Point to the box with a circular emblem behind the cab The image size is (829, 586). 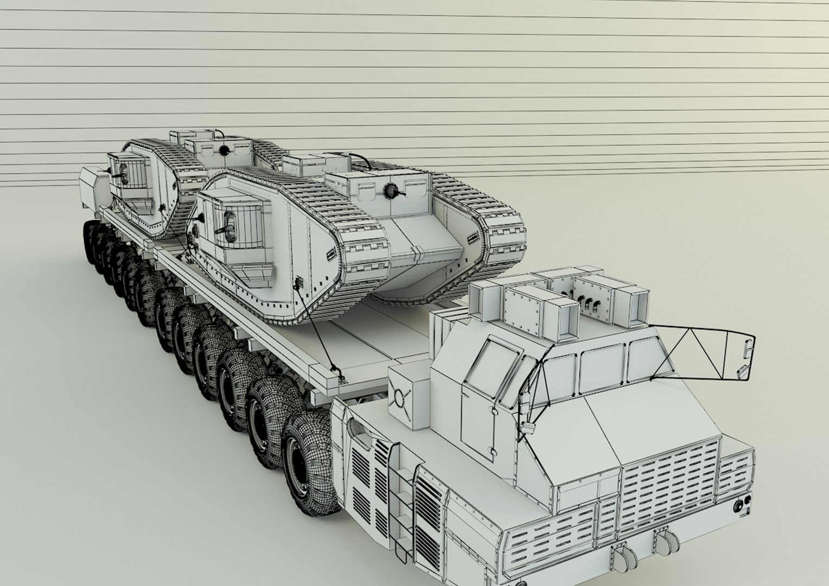pos(406,397)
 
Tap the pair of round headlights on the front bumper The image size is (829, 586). pos(742,505)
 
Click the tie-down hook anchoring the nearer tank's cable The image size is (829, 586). pos(339,374)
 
